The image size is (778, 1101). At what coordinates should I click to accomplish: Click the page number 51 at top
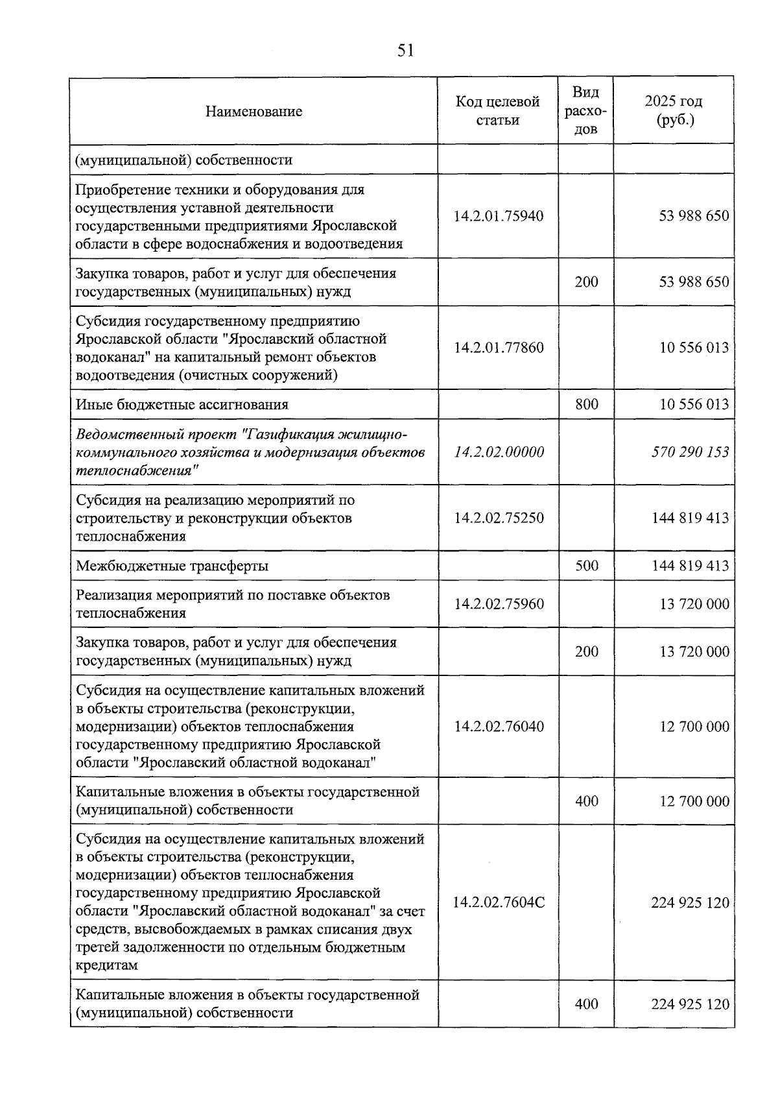tap(405, 51)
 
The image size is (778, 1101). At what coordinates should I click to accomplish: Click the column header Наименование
tap(253, 112)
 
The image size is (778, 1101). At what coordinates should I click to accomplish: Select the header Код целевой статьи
tap(497, 111)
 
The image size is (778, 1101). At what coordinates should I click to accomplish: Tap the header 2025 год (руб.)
tap(674, 111)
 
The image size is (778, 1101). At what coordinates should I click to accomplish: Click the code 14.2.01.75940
tap(498, 216)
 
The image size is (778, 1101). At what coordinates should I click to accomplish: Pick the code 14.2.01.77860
tap(498, 348)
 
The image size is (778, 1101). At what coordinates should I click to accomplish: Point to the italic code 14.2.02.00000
tap(498, 452)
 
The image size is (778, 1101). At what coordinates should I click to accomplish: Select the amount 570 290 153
tap(690, 452)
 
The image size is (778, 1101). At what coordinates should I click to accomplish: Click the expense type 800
tap(586, 404)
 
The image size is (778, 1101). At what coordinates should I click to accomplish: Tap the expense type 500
tap(586, 566)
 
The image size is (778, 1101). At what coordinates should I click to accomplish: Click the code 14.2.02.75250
tap(498, 518)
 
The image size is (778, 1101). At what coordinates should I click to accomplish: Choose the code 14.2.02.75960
tap(498, 604)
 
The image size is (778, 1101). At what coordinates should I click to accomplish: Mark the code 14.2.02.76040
tap(498, 727)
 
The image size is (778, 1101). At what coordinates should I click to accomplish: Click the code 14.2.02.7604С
tap(498, 902)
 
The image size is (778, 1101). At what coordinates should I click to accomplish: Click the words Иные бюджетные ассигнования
tap(182, 405)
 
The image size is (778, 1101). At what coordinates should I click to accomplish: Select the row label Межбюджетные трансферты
tap(172, 566)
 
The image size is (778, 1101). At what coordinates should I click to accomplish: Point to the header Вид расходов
tap(586, 111)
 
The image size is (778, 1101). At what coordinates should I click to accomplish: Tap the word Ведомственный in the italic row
tap(121, 434)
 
